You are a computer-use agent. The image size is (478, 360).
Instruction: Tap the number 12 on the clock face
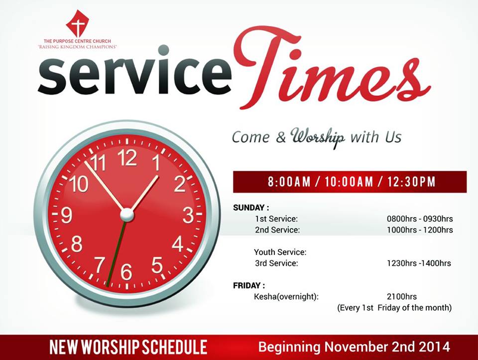127,158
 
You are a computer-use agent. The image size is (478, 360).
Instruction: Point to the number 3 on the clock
188,215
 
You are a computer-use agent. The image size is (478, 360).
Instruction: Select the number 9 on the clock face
66,215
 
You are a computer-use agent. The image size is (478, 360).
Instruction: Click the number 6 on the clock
126,272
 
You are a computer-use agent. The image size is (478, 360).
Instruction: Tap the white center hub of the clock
127,215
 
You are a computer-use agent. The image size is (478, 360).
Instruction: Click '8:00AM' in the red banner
289,182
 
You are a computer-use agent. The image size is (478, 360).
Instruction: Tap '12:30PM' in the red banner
412,182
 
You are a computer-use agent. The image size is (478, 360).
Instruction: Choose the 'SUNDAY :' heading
251,208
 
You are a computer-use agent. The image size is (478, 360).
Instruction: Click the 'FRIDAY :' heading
249,286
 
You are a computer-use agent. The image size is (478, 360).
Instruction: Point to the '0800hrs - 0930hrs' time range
420,219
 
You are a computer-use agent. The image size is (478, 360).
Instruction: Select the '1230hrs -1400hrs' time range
419,263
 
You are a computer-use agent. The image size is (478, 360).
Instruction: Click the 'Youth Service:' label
280,252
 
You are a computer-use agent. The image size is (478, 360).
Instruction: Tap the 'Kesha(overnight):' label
286,297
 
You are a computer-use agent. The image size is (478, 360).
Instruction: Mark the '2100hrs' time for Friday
402,297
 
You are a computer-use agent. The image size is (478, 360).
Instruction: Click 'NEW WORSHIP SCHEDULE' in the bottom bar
128,347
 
